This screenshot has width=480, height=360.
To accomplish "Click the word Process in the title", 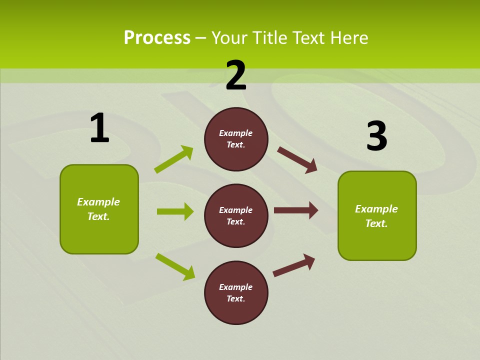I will click(x=157, y=37).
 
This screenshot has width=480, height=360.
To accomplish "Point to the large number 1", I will click(x=99, y=128).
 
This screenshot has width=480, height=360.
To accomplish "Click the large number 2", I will click(x=236, y=75).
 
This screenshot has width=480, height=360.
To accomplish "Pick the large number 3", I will click(x=376, y=136).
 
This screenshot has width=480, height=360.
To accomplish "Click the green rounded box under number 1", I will click(x=99, y=209).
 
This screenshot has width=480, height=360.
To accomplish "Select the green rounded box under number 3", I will click(x=377, y=216).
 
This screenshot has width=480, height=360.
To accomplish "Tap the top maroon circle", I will click(x=236, y=139).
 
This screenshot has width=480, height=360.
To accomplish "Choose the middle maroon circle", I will click(x=236, y=216).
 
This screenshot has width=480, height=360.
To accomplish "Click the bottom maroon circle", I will click(x=236, y=292).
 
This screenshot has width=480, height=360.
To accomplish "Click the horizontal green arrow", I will click(x=175, y=211).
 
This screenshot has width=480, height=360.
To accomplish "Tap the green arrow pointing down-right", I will click(x=175, y=266).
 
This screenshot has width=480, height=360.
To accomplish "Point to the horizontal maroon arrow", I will click(x=296, y=210).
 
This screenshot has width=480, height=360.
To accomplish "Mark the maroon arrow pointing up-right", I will click(x=294, y=265).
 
